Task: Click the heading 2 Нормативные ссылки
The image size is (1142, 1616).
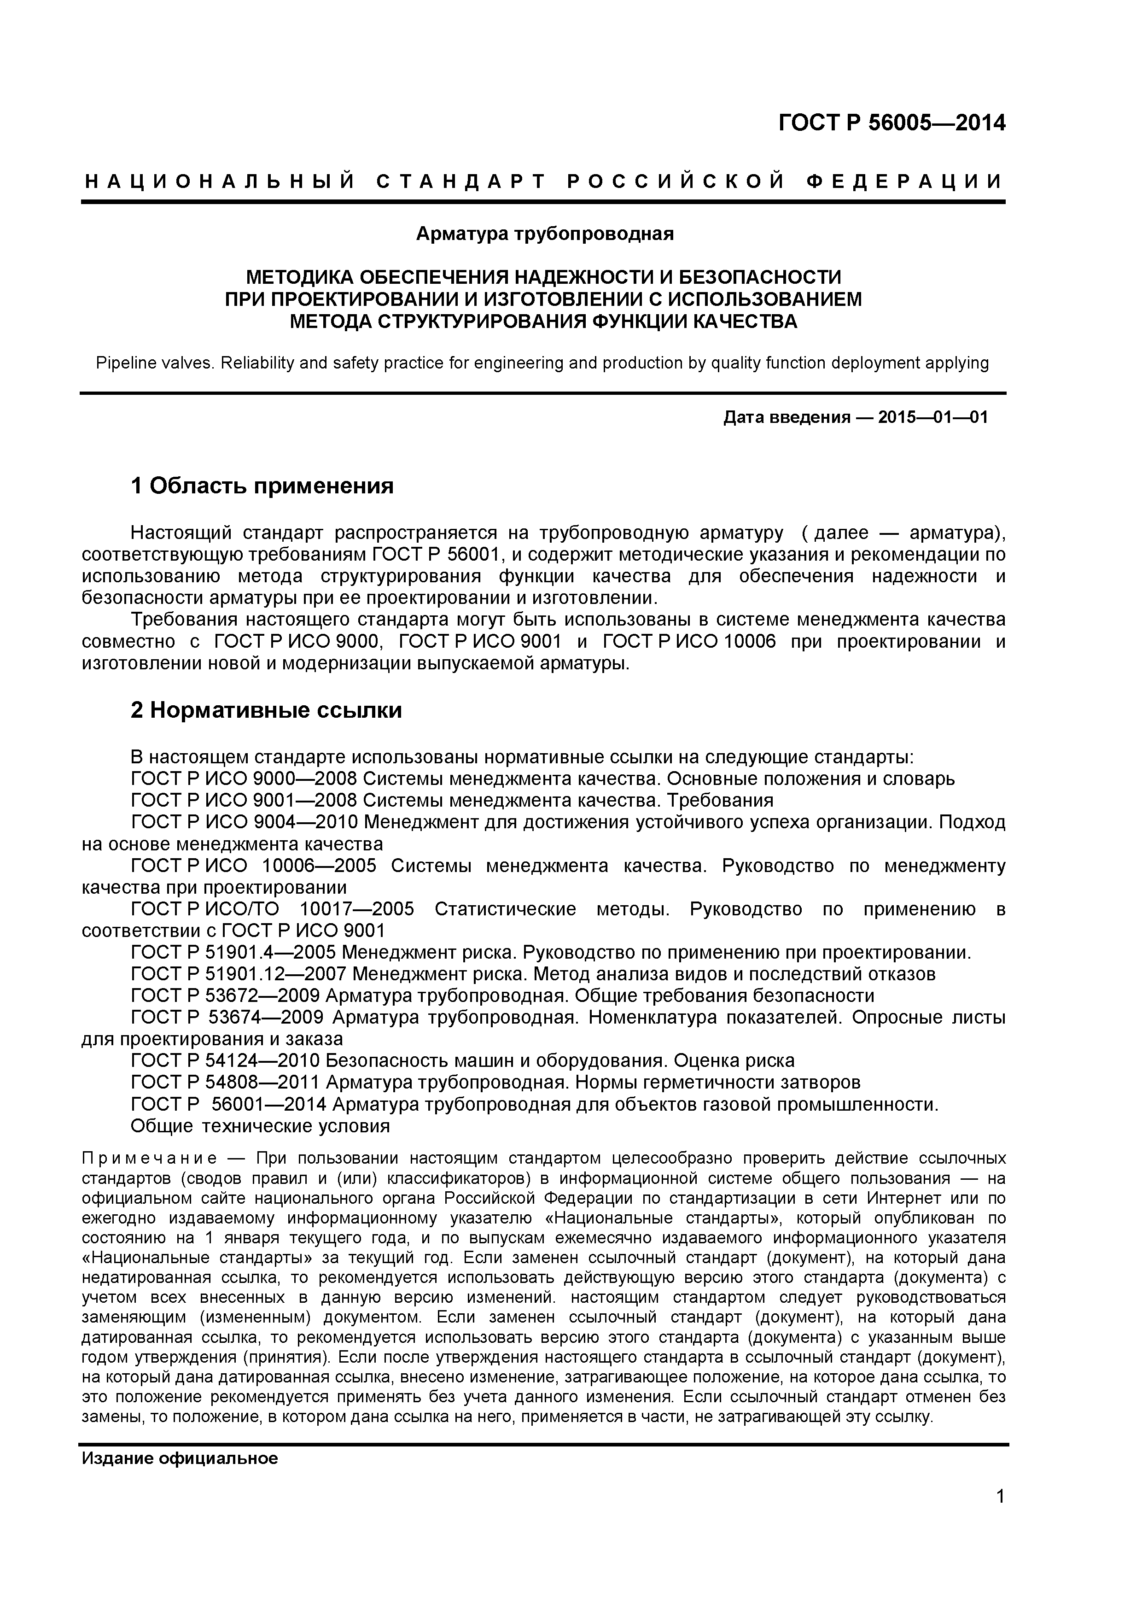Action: (x=266, y=711)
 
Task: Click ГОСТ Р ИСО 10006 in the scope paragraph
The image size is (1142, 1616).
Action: (x=689, y=642)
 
